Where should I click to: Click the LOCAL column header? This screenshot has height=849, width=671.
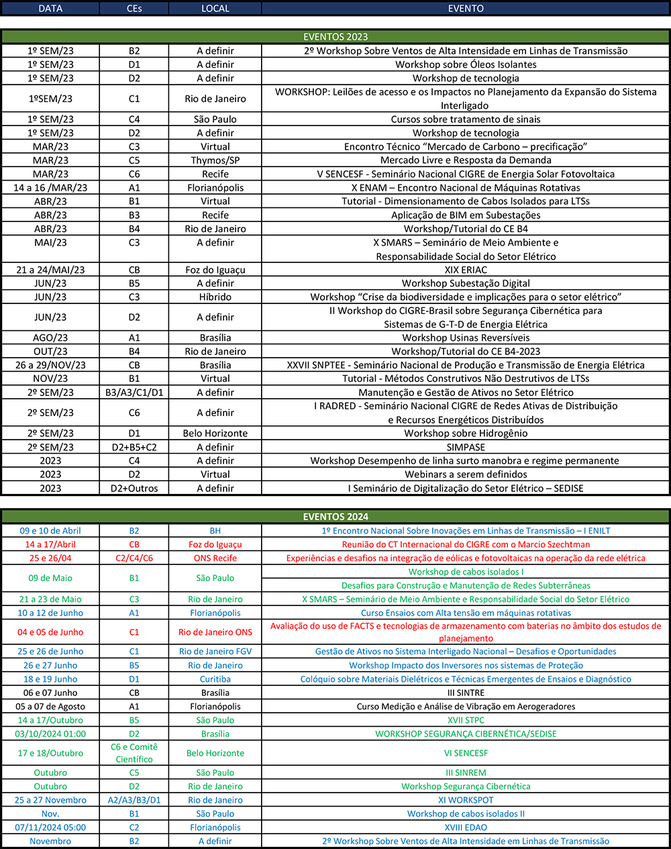pos(215,9)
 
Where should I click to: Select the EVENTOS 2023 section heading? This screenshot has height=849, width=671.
pos(335,37)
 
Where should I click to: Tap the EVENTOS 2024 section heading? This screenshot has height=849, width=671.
pos(335,517)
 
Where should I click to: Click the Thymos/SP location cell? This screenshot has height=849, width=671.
pos(215,160)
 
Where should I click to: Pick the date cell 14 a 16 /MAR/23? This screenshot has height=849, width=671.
pos(50,188)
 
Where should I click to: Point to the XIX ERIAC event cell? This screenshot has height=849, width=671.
pos(466,270)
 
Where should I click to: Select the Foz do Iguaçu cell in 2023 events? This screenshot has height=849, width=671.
pos(215,270)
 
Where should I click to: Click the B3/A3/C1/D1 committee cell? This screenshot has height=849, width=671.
pos(134,393)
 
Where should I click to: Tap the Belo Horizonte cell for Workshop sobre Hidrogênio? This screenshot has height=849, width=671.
pos(215,434)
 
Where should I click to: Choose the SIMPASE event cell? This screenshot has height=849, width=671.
pos(466,447)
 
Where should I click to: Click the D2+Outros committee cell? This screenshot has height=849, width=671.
pos(134,489)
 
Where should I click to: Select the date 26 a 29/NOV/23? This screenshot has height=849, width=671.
pos(50,365)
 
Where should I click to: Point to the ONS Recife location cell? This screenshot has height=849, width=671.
pos(215,558)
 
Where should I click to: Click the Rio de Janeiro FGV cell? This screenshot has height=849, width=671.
pos(215,652)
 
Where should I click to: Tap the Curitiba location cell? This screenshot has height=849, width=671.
pos(215,679)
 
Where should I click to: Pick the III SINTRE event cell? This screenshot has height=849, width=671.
pos(466,693)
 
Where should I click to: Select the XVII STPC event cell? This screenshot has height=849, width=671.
pos(466,720)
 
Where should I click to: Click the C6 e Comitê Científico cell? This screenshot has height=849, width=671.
pos(134,753)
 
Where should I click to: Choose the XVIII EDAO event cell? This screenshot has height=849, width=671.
pos(466,828)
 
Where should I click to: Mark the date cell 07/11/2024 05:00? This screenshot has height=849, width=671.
pos(50,828)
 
